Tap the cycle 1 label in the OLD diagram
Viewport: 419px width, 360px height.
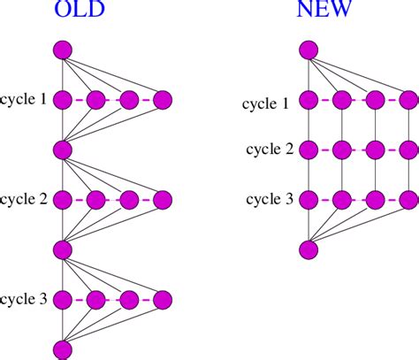[x=26, y=100]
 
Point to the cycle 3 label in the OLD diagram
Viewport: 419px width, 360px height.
[x=26, y=299]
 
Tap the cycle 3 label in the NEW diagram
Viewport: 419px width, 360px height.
[x=270, y=199]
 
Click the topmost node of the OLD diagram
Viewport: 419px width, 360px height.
[x=63, y=50]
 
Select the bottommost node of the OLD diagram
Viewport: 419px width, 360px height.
[x=63, y=349]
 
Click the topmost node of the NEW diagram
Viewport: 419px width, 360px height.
[x=308, y=50]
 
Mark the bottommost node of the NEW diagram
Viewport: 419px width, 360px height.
[x=308, y=249]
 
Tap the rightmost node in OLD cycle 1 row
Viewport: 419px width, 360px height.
[x=163, y=100]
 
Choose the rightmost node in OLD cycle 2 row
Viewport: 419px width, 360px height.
[x=163, y=200]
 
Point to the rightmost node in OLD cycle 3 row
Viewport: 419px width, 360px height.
[x=163, y=299]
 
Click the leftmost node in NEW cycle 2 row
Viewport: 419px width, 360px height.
[x=308, y=149]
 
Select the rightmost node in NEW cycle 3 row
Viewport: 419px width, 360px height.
[x=408, y=199]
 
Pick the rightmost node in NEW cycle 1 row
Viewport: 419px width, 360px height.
[x=408, y=100]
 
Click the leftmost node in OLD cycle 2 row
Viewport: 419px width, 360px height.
[x=63, y=200]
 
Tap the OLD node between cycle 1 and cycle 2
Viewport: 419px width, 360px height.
[x=63, y=149]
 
